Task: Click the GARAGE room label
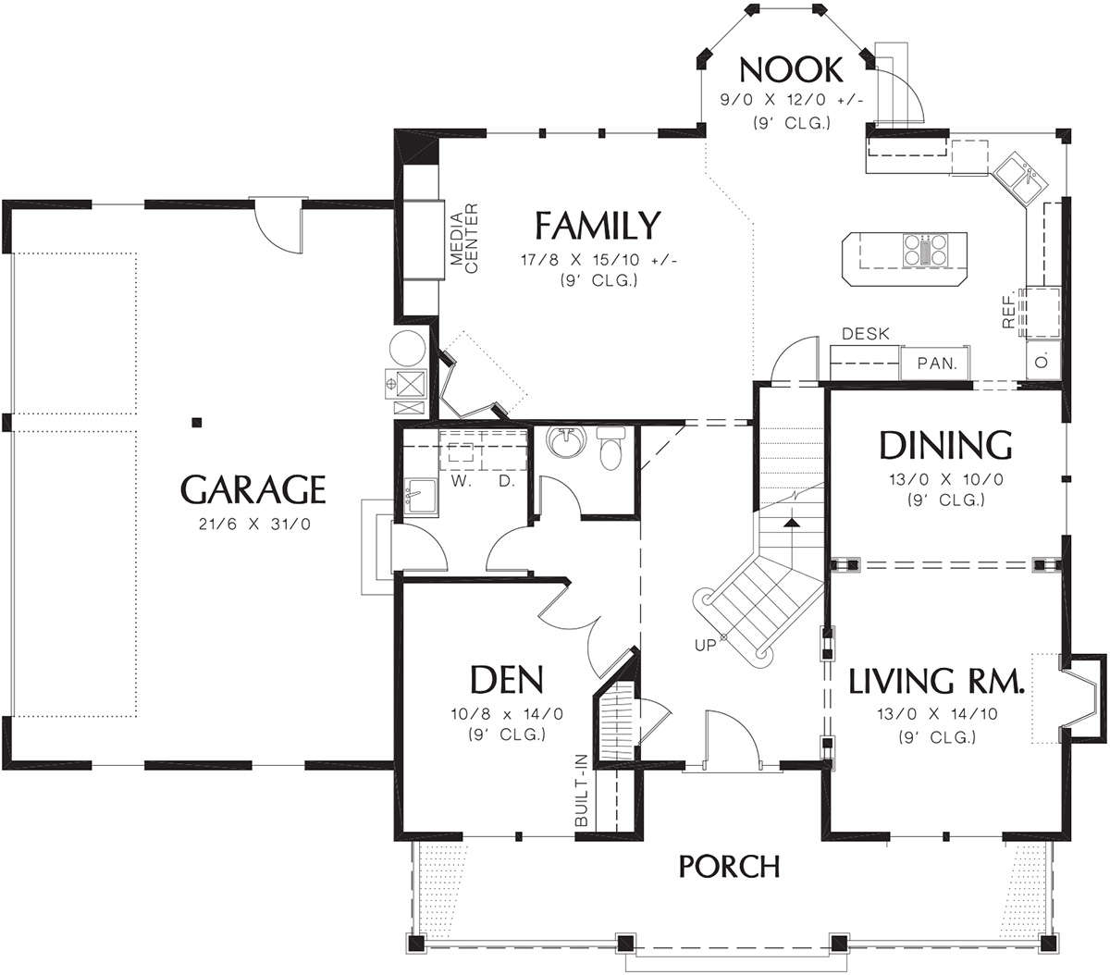point(253,489)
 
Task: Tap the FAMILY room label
point(598,226)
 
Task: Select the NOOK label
point(791,69)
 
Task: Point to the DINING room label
point(945,445)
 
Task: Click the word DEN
point(507,680)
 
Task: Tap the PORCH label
point(729,867)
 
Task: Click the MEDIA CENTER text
point(464,239)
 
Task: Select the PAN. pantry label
point(937,363)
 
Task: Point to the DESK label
point(866,334)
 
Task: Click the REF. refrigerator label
point(1008,309)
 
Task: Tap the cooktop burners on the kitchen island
point(925,250)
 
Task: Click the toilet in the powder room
point(610,449)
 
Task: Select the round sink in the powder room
point(566,441)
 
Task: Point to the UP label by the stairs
point(705,646)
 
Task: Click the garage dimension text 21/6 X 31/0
point(254,525)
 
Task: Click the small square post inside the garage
point(197,422)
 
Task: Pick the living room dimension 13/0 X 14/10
point(937,714)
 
